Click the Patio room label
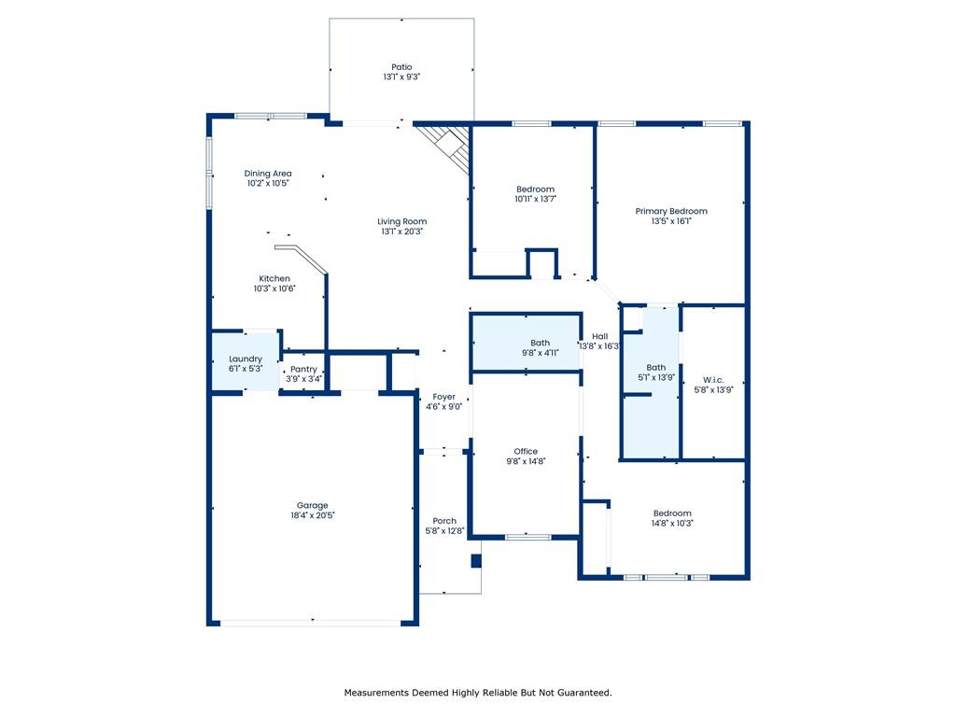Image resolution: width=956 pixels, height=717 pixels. coord(401,67)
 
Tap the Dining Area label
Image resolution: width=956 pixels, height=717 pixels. coord(268,173)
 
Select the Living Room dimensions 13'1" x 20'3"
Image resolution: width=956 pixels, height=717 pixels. coord(401,232)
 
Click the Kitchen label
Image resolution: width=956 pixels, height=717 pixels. coord(274,278)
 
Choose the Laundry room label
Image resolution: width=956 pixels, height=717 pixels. coord(246,359)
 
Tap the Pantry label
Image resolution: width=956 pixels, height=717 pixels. coord(303,369)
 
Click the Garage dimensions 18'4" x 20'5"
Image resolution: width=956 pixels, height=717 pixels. coord(313,515)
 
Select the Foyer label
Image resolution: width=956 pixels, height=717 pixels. coord(443,397)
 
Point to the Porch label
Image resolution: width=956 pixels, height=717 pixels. coord(444,521)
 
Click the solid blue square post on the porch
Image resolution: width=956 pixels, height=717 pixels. coord(475,561)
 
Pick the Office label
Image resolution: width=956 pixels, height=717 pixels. coord(526,451)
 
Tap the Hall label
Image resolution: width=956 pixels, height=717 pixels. coord(600,336)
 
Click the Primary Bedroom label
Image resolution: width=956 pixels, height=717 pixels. coord(671,211)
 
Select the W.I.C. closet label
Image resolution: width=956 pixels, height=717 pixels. coord(713,380)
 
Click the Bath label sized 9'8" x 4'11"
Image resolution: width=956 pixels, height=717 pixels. coord(541,343)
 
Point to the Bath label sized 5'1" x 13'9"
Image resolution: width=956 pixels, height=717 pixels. coord(656,368)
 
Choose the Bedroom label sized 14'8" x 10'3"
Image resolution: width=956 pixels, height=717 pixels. coord(672,513)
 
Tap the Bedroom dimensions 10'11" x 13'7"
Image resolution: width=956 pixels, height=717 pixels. coord(535,199)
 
